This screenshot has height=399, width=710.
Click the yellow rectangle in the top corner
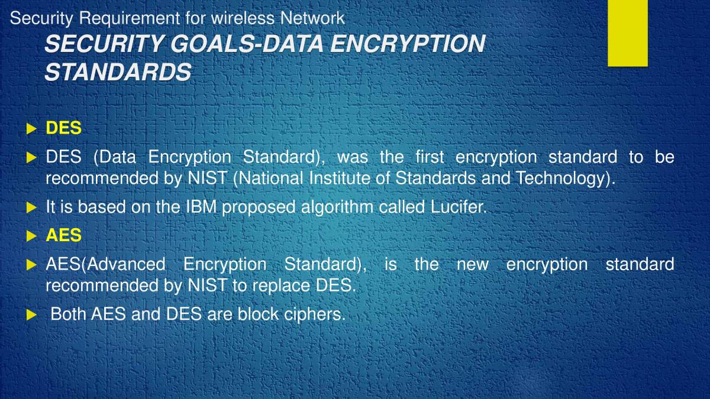click(627, 33)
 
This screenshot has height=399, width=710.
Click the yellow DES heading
click(63, 128)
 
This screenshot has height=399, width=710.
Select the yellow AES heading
click(63, 235)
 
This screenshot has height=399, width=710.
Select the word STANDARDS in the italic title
click(118, 72)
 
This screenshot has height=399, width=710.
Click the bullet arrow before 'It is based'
click(31, 207)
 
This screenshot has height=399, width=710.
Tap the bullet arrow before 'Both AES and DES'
click(31, 314)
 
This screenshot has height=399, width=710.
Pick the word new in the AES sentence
click(472, 264)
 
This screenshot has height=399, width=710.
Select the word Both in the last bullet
click(69, 314)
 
